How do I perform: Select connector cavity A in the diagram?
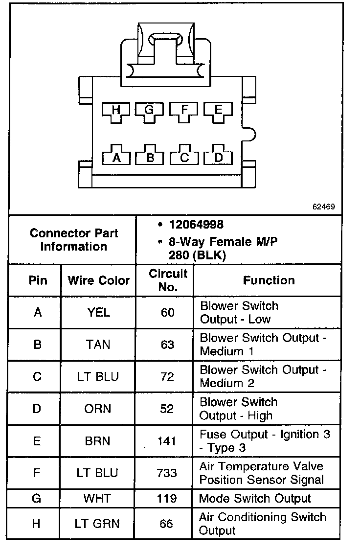[x=116, y=157]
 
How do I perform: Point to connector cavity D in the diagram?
[x=218, y=157]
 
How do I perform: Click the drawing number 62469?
[x=324, y=207]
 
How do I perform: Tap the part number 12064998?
[x=196, y=225]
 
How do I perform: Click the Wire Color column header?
[x=98, y=280]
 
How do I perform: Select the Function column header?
[x=269, y=280]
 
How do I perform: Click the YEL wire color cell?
[x=98, y=312]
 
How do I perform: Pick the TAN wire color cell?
[x=98, y=345]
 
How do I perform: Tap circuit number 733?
[x=167, y=473]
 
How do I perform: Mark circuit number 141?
[x=167, y=441]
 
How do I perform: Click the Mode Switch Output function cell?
[x=255, y=499]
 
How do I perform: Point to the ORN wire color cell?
[x=98, y=409]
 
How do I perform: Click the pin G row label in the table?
[x=37, y=499]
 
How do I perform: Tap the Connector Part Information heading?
[x=74, y=240]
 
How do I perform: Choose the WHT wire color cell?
[x=97, y=499]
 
